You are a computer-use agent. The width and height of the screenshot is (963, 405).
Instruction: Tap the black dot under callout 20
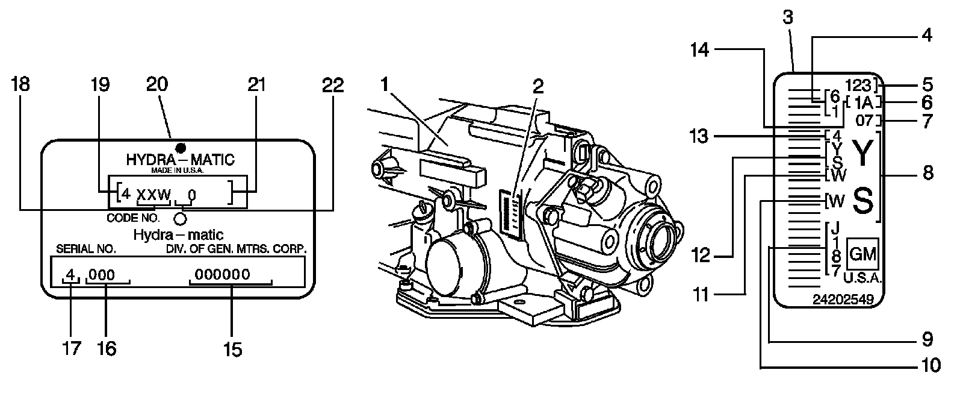pyautogui.click(x=179, y=148)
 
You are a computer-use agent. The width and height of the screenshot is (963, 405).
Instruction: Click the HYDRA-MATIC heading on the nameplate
pyautogui.click(x=180, y=160)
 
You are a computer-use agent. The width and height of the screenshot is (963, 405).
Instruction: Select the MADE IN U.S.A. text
pyautogui.click(x=179, y=171)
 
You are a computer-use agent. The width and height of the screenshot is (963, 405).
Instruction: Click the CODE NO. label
pyautogui.click(x=133, y=218)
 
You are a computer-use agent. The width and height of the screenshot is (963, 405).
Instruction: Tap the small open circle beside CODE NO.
pyautogui.click(x=179, y=218)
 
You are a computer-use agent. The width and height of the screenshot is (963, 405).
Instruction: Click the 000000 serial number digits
pyautogui.click(x=223, y=274)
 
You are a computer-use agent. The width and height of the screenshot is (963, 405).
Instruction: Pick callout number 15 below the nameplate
pyautogui.click(x=232, y=350)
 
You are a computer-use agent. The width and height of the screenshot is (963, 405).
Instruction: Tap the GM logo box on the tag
pyautogui.click(x=862, y=254)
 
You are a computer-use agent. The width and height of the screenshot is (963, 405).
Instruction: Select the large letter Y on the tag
pyautogui.click(x=862, y=154)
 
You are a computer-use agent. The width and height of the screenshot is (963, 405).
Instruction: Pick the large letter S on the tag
pyautogui.click(x=862, y=202)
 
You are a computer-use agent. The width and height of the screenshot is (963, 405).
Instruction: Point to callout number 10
pyautogui.click(x=930, y=365)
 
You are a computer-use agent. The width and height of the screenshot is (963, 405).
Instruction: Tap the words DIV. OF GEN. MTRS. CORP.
pyautogui.click(x=236, y=248)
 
